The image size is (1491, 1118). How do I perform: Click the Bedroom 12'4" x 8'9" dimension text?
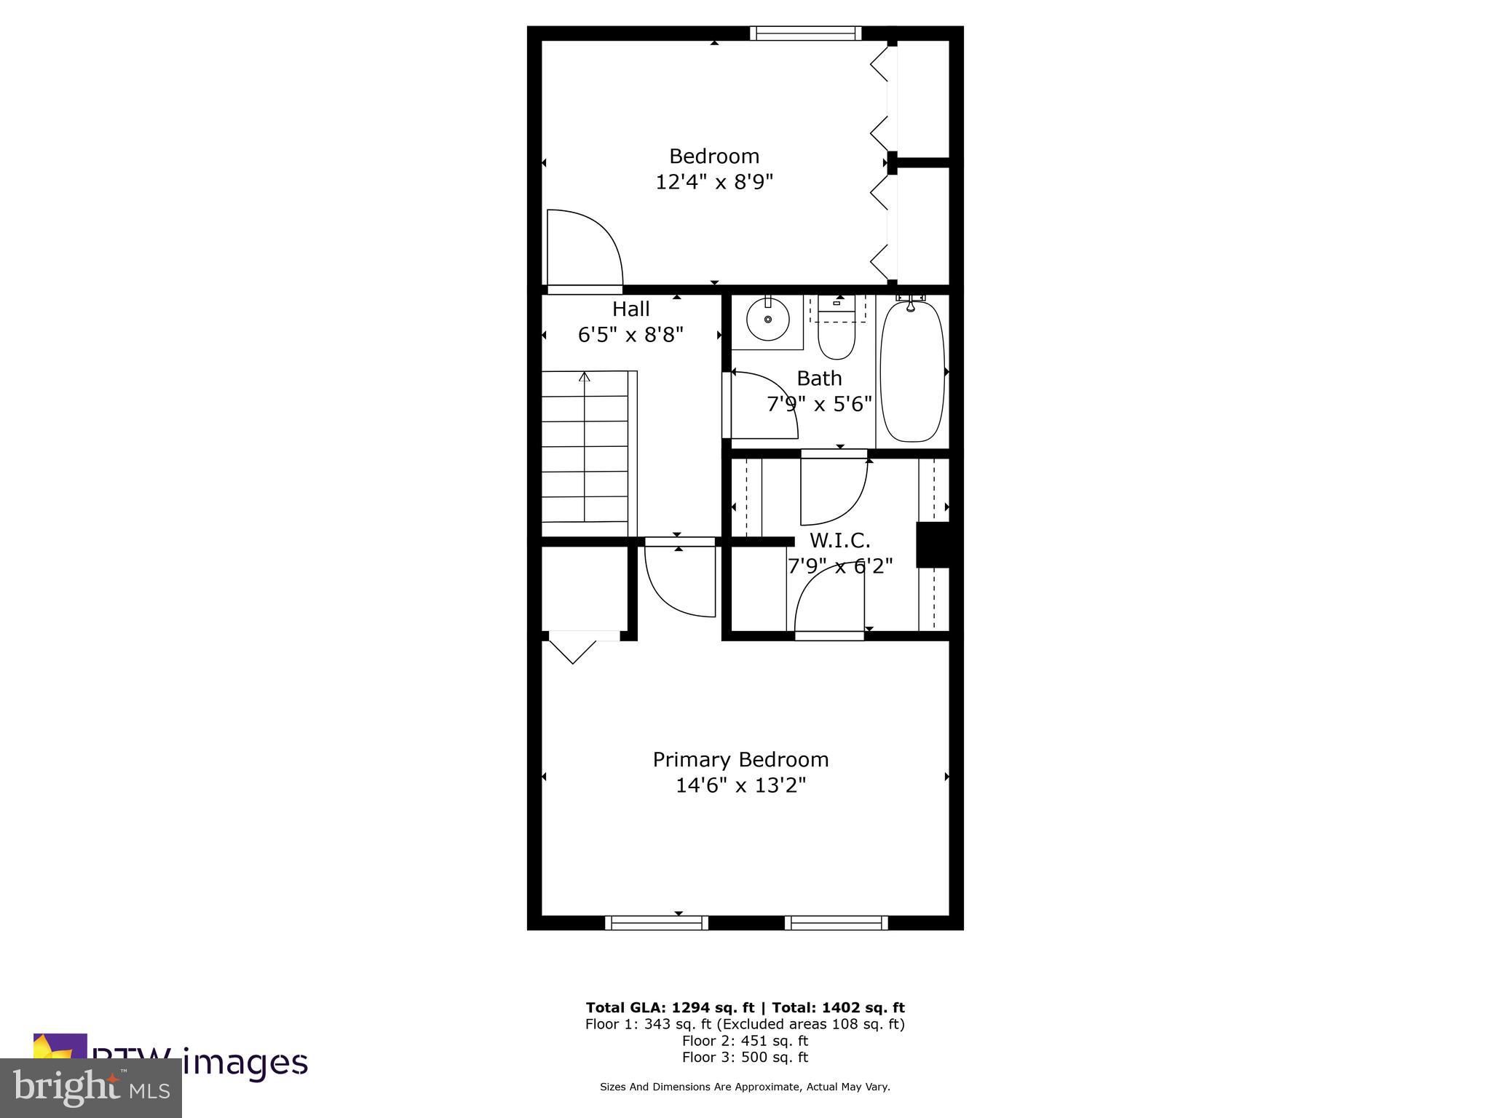[713, 181]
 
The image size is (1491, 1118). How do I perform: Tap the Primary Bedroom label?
[740, 760]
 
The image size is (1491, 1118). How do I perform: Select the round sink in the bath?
[767, 319]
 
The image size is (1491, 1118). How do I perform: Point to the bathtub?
[912, 371]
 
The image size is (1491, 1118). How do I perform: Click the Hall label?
[630, 309]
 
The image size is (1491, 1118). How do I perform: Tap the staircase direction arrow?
[584, 377]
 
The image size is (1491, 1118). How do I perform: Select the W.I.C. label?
[839, 541]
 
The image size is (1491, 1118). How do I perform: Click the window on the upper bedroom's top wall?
[805, 33]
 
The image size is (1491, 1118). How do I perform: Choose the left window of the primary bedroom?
[656, 923]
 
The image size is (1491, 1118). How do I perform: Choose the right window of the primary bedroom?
[836, 923]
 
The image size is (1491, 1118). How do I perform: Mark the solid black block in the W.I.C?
[933, 544]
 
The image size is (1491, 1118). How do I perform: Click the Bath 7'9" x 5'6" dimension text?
[819, 404]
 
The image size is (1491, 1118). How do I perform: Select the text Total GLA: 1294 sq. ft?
[668, 1008]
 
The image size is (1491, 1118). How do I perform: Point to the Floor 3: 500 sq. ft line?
[745, 1058]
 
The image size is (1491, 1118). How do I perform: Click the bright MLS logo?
[91, 1088]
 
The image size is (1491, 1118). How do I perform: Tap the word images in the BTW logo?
[245, 1063]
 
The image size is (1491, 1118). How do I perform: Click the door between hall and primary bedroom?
[680, 579]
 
